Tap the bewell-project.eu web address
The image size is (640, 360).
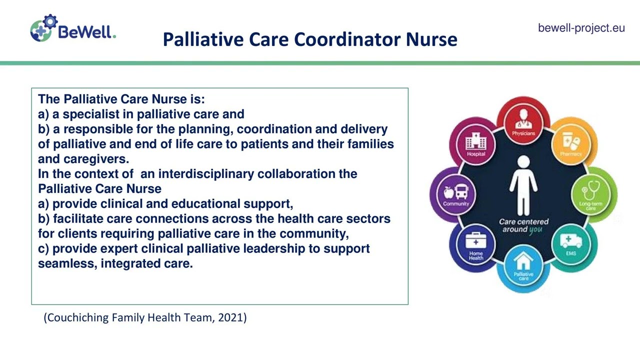click(581, 28)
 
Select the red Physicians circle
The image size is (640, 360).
click(523, 121)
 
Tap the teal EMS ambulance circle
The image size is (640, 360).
click(571, 244)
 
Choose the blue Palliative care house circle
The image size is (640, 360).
click(523, 266)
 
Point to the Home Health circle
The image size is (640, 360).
click(475, 245)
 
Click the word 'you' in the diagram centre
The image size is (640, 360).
click(535, 229)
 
